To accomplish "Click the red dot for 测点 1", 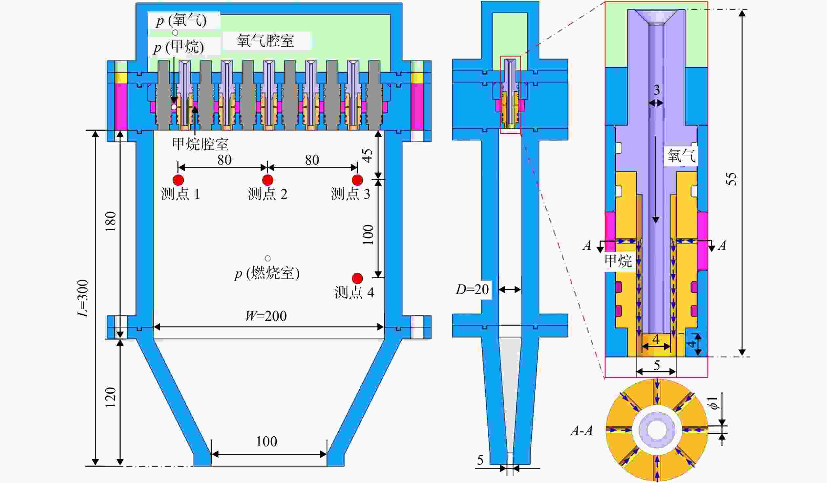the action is (178, 180).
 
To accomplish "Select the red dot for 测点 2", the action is (268, 180).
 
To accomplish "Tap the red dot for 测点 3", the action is (357, 180).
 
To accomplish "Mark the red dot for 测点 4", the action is (357, 279).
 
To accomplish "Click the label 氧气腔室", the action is (265, 41).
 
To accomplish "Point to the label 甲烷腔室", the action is (201, 144).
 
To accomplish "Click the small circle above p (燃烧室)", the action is (268, 259).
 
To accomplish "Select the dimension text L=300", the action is (83, 298).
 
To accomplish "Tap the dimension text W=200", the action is (266, 316).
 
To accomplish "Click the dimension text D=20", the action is (472, 289).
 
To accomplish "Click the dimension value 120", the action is (111, 398).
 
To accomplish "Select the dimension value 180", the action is (111, 221).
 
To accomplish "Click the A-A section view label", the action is (582, 430).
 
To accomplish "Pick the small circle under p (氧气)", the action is (175, 33).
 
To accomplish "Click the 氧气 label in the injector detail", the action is (682, 155).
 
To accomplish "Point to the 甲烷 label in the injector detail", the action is (618, 261).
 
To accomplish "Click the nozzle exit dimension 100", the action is (266, 442).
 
